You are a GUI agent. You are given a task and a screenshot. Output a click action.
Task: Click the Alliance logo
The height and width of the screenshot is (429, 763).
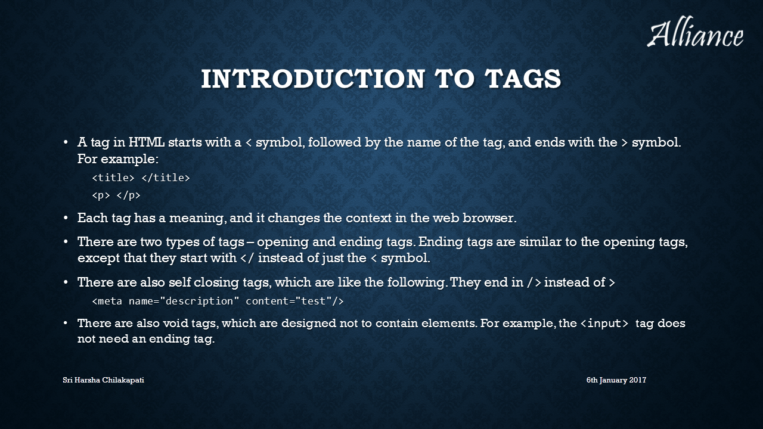click(695, 32)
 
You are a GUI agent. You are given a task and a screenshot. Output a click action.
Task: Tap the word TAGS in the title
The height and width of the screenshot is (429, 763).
click(523, 79)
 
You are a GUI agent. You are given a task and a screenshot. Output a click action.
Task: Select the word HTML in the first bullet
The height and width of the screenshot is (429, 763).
click(146, 142)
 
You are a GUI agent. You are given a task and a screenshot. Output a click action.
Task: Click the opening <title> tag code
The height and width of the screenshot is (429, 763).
click(113, 178)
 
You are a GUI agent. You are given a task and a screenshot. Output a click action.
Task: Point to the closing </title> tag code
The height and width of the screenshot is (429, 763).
click(166, 178)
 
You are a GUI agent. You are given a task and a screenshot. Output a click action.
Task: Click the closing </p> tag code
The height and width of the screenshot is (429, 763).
click(128, 195)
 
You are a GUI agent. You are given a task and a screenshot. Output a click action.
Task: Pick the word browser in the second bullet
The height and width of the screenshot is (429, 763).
click(489, 218)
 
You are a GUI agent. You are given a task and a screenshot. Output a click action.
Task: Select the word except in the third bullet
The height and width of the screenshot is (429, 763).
click(99, 258)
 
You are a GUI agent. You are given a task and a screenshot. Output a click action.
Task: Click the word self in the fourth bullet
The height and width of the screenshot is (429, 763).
click(179, 282)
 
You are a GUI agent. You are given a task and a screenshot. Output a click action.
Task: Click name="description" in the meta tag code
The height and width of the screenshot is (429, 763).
click(181, 301)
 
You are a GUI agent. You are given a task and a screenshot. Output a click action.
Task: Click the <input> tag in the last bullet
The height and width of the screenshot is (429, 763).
click(604, 323)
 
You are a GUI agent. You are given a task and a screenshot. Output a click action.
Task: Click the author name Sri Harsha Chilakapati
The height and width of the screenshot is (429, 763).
click(103, 380)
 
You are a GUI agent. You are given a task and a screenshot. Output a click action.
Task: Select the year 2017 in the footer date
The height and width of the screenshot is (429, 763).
click(638, 380)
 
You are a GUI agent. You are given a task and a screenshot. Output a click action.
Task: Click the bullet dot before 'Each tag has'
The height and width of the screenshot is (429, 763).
click(66, 218)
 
